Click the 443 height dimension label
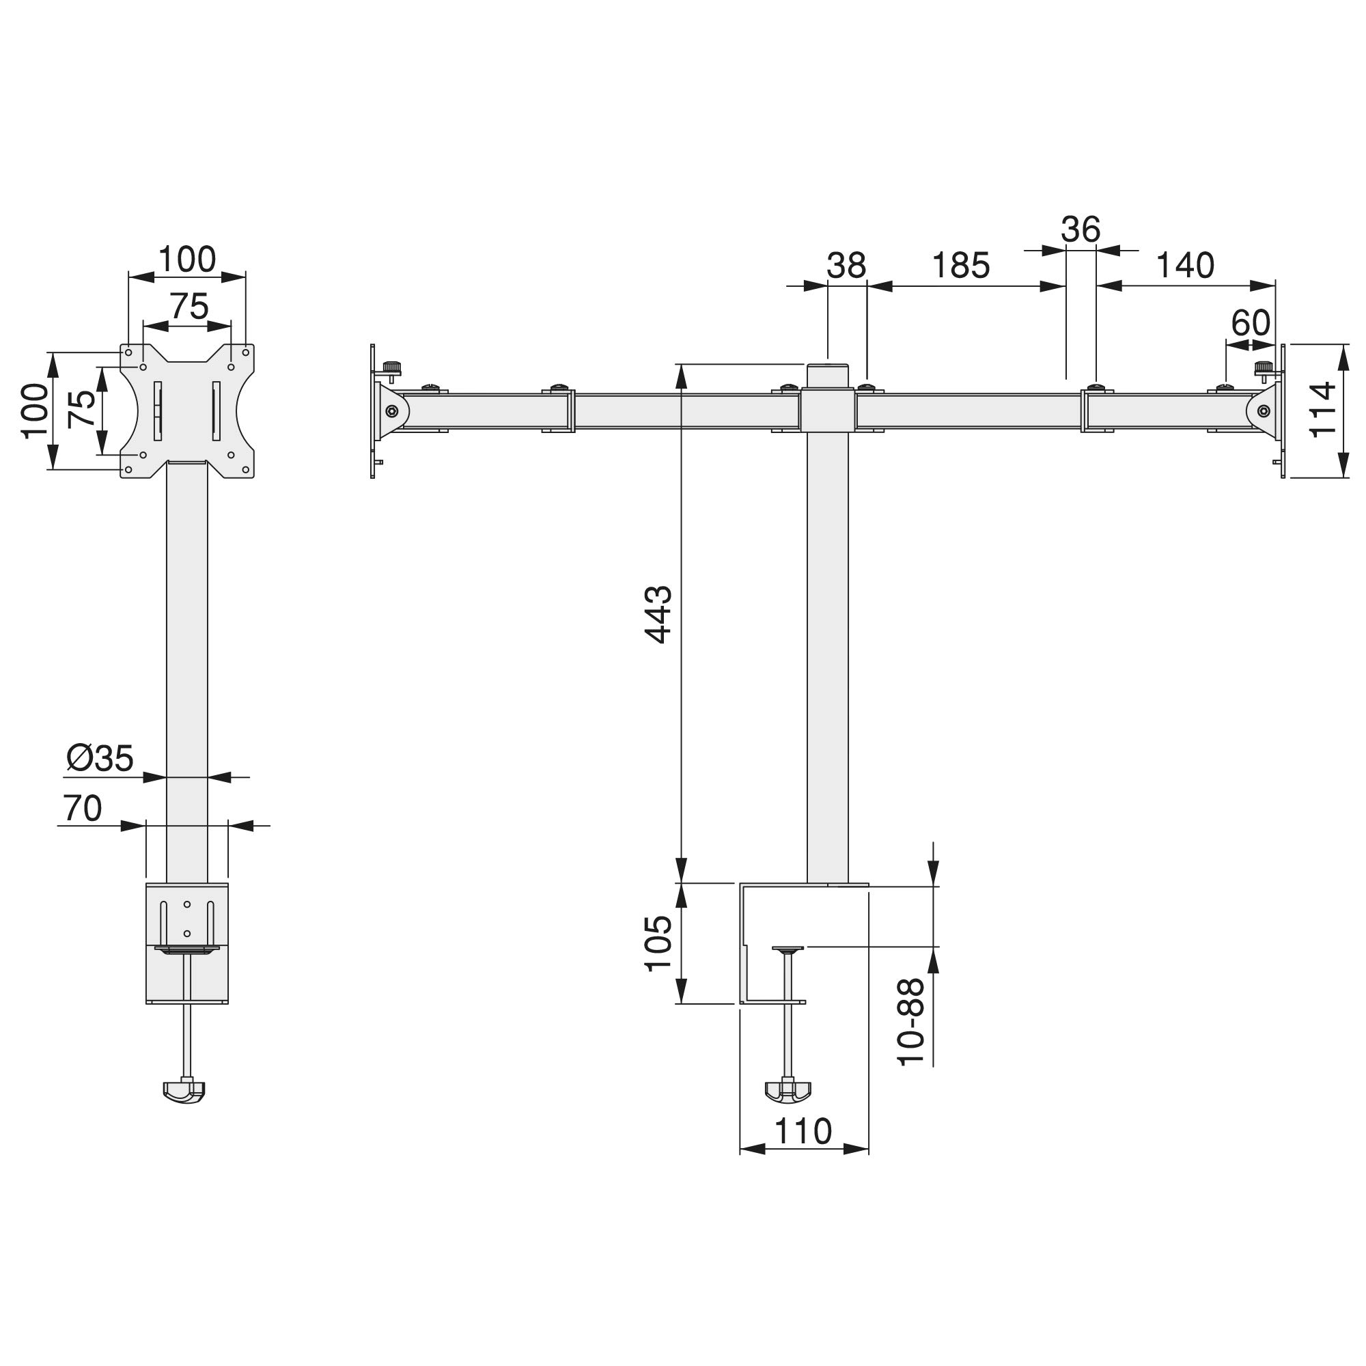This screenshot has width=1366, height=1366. pos(659,614)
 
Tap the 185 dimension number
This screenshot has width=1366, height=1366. pos(961,266)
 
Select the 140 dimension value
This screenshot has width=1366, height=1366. pos(1185,266)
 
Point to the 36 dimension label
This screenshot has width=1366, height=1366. pos(1081,229)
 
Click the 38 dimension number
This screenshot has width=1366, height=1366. pos(846,266)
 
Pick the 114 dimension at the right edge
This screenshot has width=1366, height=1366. pos(1322,410)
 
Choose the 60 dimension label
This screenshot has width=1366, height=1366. pos(1251,324)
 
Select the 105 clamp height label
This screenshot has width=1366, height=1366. pos(659,944)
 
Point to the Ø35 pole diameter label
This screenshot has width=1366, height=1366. pos(100,759)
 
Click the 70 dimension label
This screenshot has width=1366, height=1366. pos(83,809)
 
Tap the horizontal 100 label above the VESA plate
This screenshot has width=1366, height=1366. pos(186,260)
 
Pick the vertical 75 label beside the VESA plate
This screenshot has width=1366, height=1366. pos(83,409)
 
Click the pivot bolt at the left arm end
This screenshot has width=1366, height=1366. pos(391,410)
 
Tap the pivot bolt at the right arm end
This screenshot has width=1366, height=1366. pos(1264,410)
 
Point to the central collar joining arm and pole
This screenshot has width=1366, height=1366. pos(828,409)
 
